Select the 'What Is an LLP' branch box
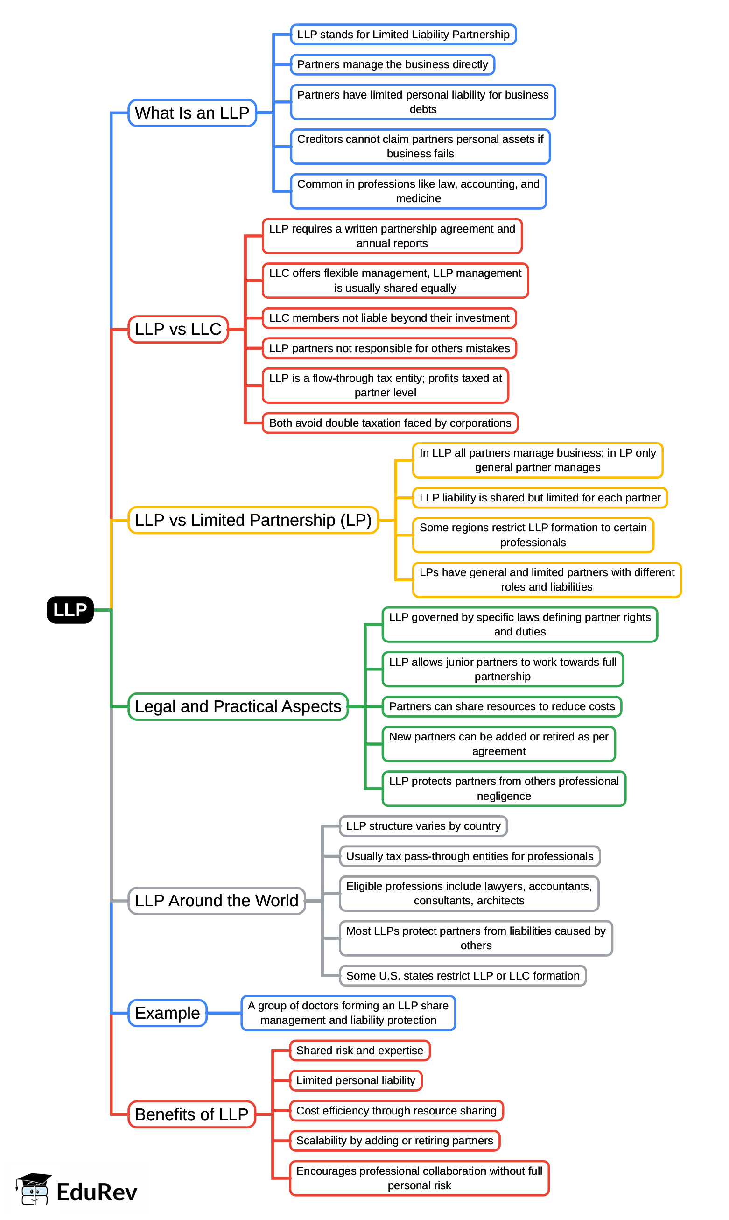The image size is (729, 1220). pos(192,113)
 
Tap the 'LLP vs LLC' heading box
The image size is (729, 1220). pos(178,329)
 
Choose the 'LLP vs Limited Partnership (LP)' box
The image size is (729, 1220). pos(253,520)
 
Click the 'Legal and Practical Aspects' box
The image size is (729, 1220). pos(238,706)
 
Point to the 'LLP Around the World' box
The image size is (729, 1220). pos(216,900)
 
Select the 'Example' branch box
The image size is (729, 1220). pos(167,1013)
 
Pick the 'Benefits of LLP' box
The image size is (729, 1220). pos(191,1114)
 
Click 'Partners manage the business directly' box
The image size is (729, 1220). pos(392,64)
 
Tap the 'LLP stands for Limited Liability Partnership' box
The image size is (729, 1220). pos(403,35)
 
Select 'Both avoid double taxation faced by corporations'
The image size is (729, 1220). pos(390,423)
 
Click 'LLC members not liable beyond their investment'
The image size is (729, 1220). pos(389,318)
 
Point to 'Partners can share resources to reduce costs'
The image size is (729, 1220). pos(502,706)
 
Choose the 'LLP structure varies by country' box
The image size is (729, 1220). pos(423,825)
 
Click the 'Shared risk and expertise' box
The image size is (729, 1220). pos(359,1050)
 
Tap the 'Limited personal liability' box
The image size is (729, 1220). pos(356,1080)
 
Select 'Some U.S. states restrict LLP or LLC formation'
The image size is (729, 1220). pos(463,975)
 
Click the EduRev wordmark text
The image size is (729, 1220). pos(97,1192)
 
